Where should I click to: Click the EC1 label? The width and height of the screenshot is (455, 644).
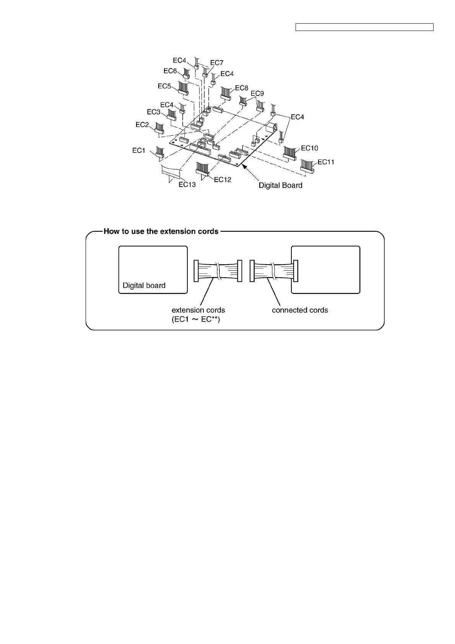click(139, 151)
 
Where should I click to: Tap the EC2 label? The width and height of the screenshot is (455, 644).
click(142, 125)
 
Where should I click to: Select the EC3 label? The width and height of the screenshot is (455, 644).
click(154, 112)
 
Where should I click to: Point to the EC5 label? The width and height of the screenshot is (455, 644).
click(164, 86)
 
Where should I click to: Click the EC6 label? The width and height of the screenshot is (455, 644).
click(170, 71)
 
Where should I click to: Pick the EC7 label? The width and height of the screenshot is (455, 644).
click(217, 63)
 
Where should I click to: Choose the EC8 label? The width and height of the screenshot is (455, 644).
click(242, 88)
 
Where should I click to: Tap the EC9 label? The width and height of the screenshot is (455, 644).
click(257, 94)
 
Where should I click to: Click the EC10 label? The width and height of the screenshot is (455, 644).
click(309, 148)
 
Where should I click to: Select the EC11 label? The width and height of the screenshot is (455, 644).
click(326, 162)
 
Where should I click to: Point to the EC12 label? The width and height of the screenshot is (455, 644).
click(223, 180)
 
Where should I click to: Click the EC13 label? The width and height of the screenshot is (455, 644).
click(187, 185)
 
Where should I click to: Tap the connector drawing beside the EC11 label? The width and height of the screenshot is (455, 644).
click(307, 166)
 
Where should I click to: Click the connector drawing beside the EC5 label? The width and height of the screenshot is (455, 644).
click(184, 88)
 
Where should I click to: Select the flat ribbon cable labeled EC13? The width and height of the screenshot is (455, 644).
click(171, 171)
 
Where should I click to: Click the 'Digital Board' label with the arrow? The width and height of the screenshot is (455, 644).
click(280, 185)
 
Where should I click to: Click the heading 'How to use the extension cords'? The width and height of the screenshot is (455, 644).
click(161, 231)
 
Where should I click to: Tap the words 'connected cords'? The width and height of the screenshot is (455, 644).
click(300, 310)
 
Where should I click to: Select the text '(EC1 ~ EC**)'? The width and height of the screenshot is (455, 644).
click(196, 319)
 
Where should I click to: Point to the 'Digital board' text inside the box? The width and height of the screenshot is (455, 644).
click(144, 286)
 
